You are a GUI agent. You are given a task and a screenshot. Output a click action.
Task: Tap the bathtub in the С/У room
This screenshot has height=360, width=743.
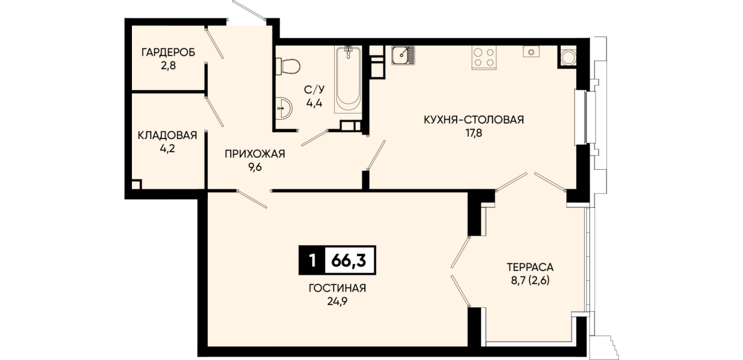click(x=348, y=80)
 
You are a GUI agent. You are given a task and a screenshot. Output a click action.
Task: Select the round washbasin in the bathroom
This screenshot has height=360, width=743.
click(x=284, y=108)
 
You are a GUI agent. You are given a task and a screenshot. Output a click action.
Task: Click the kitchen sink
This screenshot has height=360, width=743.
click(x=403, y=55)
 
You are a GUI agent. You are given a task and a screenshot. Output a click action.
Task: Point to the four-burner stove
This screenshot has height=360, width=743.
click(x=484, y=58)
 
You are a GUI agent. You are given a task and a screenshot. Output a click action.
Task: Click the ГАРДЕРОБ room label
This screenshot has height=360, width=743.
click(x=168, y=53)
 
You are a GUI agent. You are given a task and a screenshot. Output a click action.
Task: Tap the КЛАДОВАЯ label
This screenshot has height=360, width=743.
click(x=167, y=135)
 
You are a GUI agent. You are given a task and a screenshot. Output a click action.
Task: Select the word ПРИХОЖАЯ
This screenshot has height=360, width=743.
click(x=255, y=154)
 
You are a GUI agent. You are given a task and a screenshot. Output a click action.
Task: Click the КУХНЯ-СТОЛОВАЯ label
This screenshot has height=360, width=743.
click(x=474, y=119)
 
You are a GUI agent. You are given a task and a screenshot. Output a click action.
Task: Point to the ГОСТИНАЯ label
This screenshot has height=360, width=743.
click(x=338, y=288)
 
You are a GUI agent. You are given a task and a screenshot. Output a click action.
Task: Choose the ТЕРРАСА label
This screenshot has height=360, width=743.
click(x=530, y=267)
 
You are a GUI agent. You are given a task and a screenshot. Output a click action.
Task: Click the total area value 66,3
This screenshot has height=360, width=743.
click(x=348, y=261)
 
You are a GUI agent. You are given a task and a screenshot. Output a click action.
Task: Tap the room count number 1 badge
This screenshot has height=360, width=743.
click(x=312, y=261)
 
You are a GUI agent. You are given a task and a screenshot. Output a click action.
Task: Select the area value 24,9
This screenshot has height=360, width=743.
click(x=338, y=302)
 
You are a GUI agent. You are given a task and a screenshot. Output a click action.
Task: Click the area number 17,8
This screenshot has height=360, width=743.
click(x=474, y=133)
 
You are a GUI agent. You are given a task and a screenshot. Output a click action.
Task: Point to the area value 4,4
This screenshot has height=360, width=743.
click(x=314, y=103)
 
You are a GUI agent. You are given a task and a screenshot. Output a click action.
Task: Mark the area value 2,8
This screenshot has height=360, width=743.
click(x=168, y=66)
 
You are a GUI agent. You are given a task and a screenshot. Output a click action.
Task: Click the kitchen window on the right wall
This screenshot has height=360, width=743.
click(x=585, y=117)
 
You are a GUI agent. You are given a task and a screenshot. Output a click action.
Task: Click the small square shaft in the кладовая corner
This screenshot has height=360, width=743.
click(x=136, y=185)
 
